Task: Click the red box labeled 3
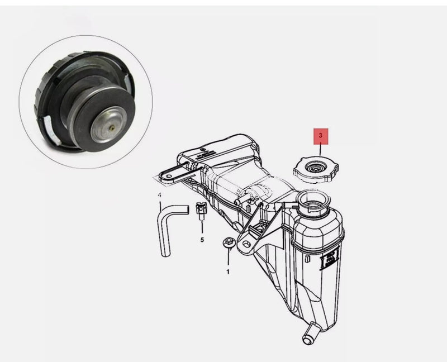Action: (321, 136)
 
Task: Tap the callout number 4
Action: (159, 195)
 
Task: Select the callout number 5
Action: (202, 239)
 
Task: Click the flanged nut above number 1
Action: (228, 243)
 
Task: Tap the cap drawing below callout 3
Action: (316, 168)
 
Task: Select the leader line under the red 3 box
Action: (321, 149)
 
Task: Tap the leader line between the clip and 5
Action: (202, 226)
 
